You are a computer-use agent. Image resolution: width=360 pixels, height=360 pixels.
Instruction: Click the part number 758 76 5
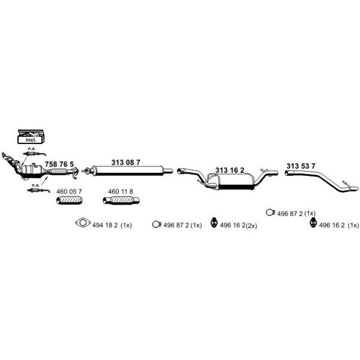(59, 164)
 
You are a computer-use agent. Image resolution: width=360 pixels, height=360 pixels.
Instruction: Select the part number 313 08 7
(125, 163)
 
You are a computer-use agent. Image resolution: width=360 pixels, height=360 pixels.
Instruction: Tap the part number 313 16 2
(230, 170)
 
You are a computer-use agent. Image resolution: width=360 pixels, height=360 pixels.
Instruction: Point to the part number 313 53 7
(301, 166)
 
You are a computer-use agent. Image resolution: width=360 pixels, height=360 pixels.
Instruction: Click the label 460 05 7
(69, 191)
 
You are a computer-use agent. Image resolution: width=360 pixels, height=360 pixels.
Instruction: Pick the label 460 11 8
(121, 191)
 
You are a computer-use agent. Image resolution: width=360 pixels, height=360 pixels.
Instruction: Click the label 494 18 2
(105, 225)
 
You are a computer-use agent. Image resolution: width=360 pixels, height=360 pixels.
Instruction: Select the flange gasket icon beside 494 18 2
(83, 223)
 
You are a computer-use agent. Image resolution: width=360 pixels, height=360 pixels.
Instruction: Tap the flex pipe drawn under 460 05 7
(69, 200)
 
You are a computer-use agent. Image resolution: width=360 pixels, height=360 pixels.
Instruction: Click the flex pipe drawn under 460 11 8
(121, 200)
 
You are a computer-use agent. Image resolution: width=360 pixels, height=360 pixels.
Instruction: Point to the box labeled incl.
(31, 137)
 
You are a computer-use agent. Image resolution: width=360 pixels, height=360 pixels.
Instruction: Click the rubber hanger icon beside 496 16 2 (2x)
(214, 222)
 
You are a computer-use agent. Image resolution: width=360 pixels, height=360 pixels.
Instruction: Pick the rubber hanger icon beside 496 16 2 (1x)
(313, 222)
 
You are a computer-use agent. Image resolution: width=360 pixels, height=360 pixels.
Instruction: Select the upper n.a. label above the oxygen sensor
(31, 149)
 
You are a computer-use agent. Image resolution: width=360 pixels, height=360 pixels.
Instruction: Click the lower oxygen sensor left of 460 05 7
(38, 190)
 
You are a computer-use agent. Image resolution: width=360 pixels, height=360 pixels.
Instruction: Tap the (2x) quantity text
(251, 226)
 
